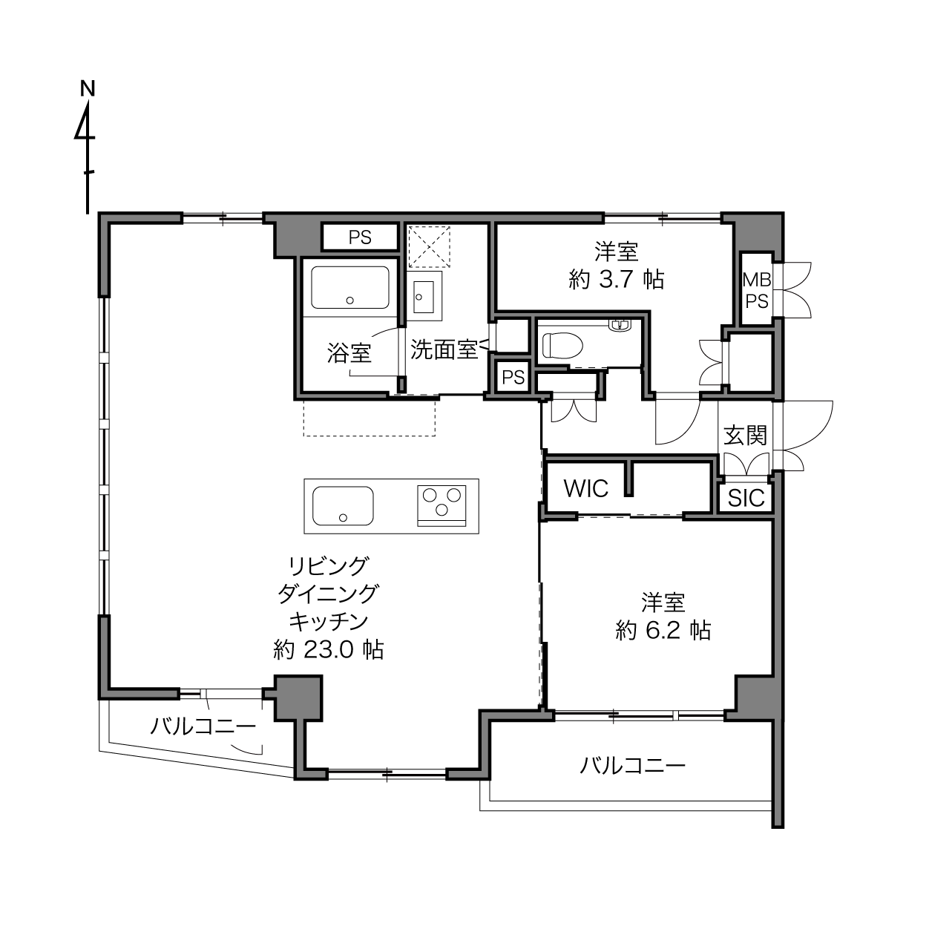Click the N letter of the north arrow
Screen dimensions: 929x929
[x=88, y=89]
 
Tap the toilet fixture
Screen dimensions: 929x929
[x=562, y=345]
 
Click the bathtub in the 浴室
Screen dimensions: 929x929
[x=349, y=287]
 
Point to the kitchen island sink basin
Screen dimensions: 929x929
[x=343, y=506]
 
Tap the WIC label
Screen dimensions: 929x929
[x=585, y=489]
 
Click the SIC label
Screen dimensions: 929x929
[x=746, y=498]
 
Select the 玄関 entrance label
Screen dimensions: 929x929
[x=745, y=436]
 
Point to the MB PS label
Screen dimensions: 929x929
[x=756, y=290]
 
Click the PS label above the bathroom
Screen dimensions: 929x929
[x=360, y=237]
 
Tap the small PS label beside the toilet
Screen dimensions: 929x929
[x=513, y=378]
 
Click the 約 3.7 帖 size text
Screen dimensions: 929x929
[x=616, y=279]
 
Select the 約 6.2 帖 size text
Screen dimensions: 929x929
[x=663, y=630]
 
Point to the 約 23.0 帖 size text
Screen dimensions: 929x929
[x=328, y=649]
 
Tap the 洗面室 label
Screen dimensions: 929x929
[x=444, y=349]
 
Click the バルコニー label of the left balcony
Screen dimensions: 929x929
[x=203, y=726]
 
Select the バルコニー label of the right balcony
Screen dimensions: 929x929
[x=632, y=765]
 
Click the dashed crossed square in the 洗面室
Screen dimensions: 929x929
[x=429, y=247]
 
